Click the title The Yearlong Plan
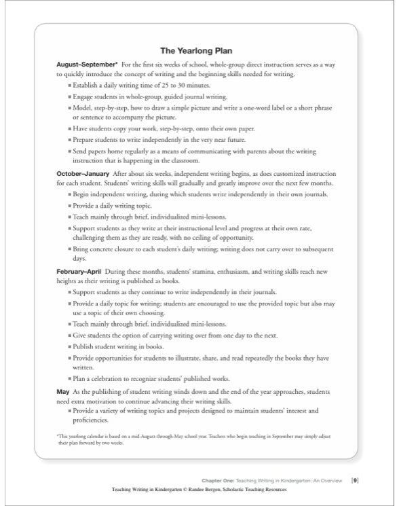pos(198,50)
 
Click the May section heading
pos(62,392)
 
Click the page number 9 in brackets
pos(355,480)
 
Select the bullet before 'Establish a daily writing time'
pos(70,86)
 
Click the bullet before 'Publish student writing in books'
pos(70,346)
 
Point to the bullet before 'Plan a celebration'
pos(70,378)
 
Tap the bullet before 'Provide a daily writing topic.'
pos(70,205)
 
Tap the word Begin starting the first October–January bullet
pos(82,194)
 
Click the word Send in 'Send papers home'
pos(80,151)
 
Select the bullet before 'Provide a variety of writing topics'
pos(70,410)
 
